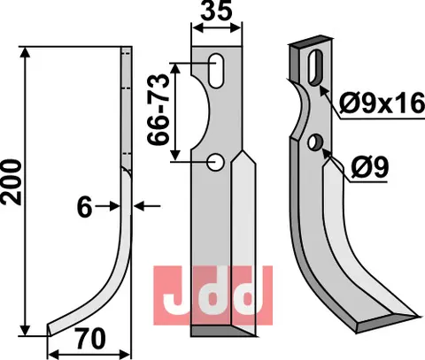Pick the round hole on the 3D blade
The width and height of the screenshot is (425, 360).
tap(316, 142)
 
